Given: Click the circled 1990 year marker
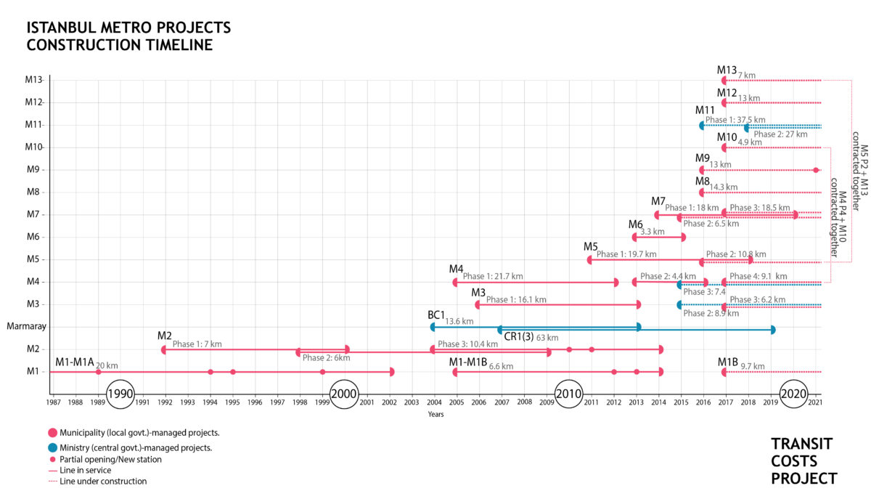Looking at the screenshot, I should point(120,393).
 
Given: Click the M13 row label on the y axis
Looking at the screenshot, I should point(33,80).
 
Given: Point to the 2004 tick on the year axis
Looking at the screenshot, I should point(433,402).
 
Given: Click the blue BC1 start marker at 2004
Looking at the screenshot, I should point(433,327).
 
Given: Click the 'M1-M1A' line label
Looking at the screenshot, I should point(74,362).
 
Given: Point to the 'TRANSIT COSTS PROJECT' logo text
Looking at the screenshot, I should point(803,461).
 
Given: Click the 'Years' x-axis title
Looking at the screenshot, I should point(435,415).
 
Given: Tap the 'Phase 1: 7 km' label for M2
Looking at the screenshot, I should point(197,344).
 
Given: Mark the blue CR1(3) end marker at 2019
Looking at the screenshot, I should point(772,330).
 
